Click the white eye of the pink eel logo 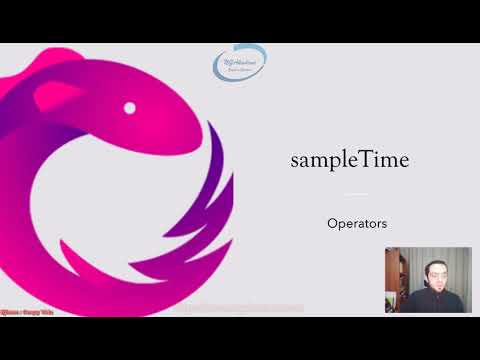point(129,107)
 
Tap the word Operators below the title point(357,223)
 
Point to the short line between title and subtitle point(357,194)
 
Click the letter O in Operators point(332,223)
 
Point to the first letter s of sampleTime point(295,161)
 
